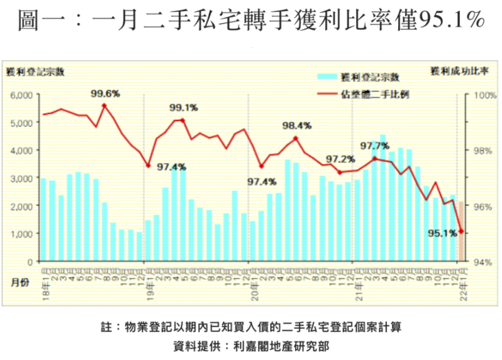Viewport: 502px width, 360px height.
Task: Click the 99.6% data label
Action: coord(105,94)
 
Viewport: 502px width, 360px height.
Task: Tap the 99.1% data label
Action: coord(183,108)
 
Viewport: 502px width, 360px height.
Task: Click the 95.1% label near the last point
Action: coord(442,234)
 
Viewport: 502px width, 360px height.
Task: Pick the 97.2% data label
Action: coord(340,159)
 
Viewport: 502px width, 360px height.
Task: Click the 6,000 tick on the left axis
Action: coord(21,95)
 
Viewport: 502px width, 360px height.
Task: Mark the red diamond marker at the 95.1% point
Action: coord(461,231)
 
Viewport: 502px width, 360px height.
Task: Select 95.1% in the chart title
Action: coord(452,22)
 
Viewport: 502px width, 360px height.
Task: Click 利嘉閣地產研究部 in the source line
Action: coord(280,346)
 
